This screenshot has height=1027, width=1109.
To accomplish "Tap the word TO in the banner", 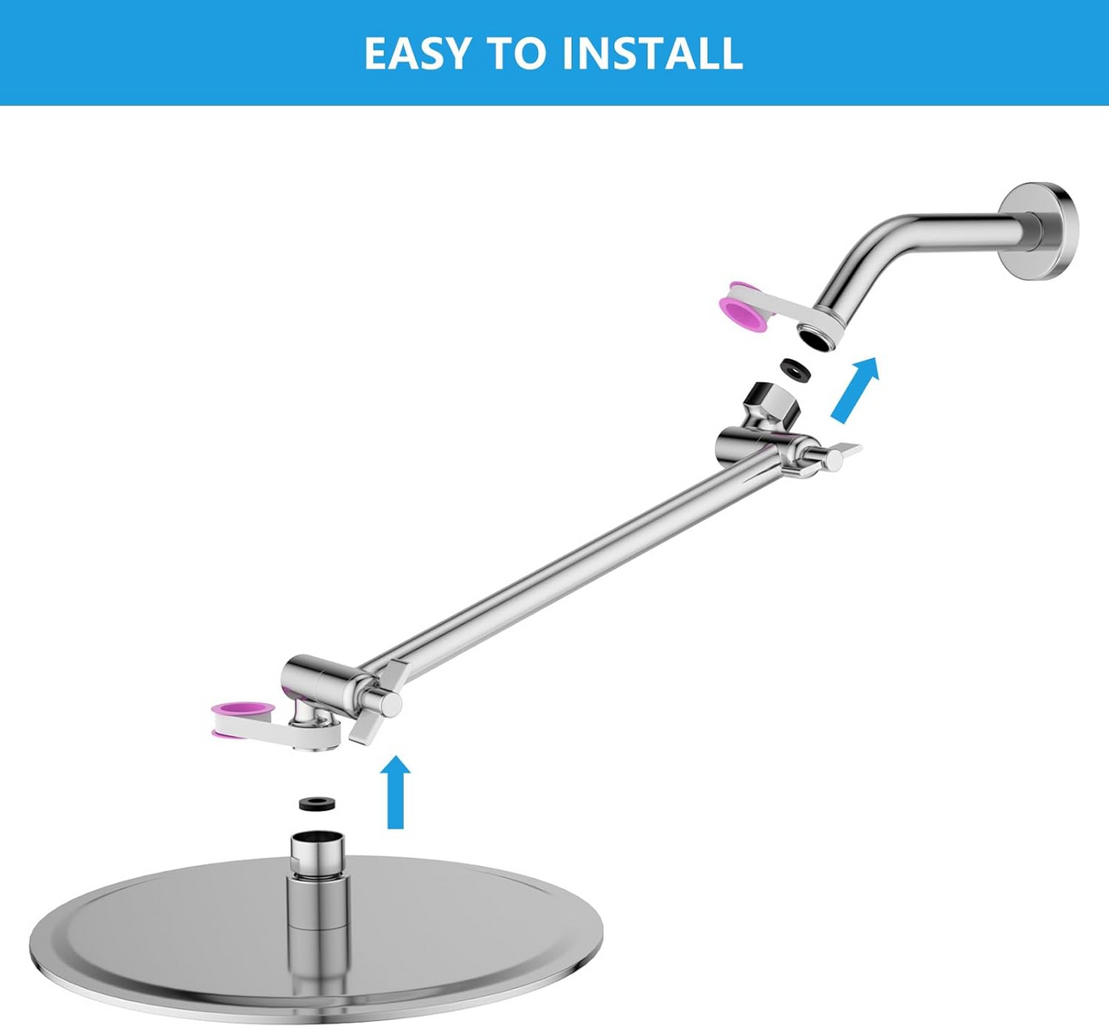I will tap(518, 54).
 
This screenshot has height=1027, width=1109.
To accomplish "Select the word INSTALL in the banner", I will tap(652, 54).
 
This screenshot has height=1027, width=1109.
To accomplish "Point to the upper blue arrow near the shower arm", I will tap(854, 389).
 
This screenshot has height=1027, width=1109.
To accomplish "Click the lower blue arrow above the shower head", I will tap(396, 791).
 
